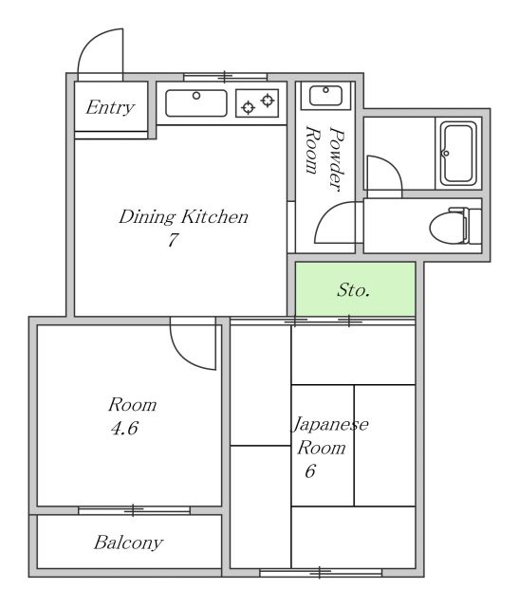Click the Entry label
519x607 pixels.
(110, 107)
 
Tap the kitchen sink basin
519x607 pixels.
(196, 103)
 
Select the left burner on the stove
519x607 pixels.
(248, 107)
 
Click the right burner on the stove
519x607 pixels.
(268, 101)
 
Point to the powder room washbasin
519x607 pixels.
(325, 96)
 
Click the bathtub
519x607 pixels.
(458, 154)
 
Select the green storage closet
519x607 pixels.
(355, 288)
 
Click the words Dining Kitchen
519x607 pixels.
(183, 216)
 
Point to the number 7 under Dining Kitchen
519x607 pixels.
(173, 240)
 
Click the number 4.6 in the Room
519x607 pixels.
(124, 428)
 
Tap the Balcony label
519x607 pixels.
(128, 543)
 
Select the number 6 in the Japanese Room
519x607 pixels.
(310, 470)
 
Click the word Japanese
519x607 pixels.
(329, 425)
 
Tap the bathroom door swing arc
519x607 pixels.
(393, 166)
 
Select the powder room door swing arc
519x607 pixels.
(324, 215)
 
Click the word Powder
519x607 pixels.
(337, 158)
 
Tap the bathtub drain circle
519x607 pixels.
(446, 153)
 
